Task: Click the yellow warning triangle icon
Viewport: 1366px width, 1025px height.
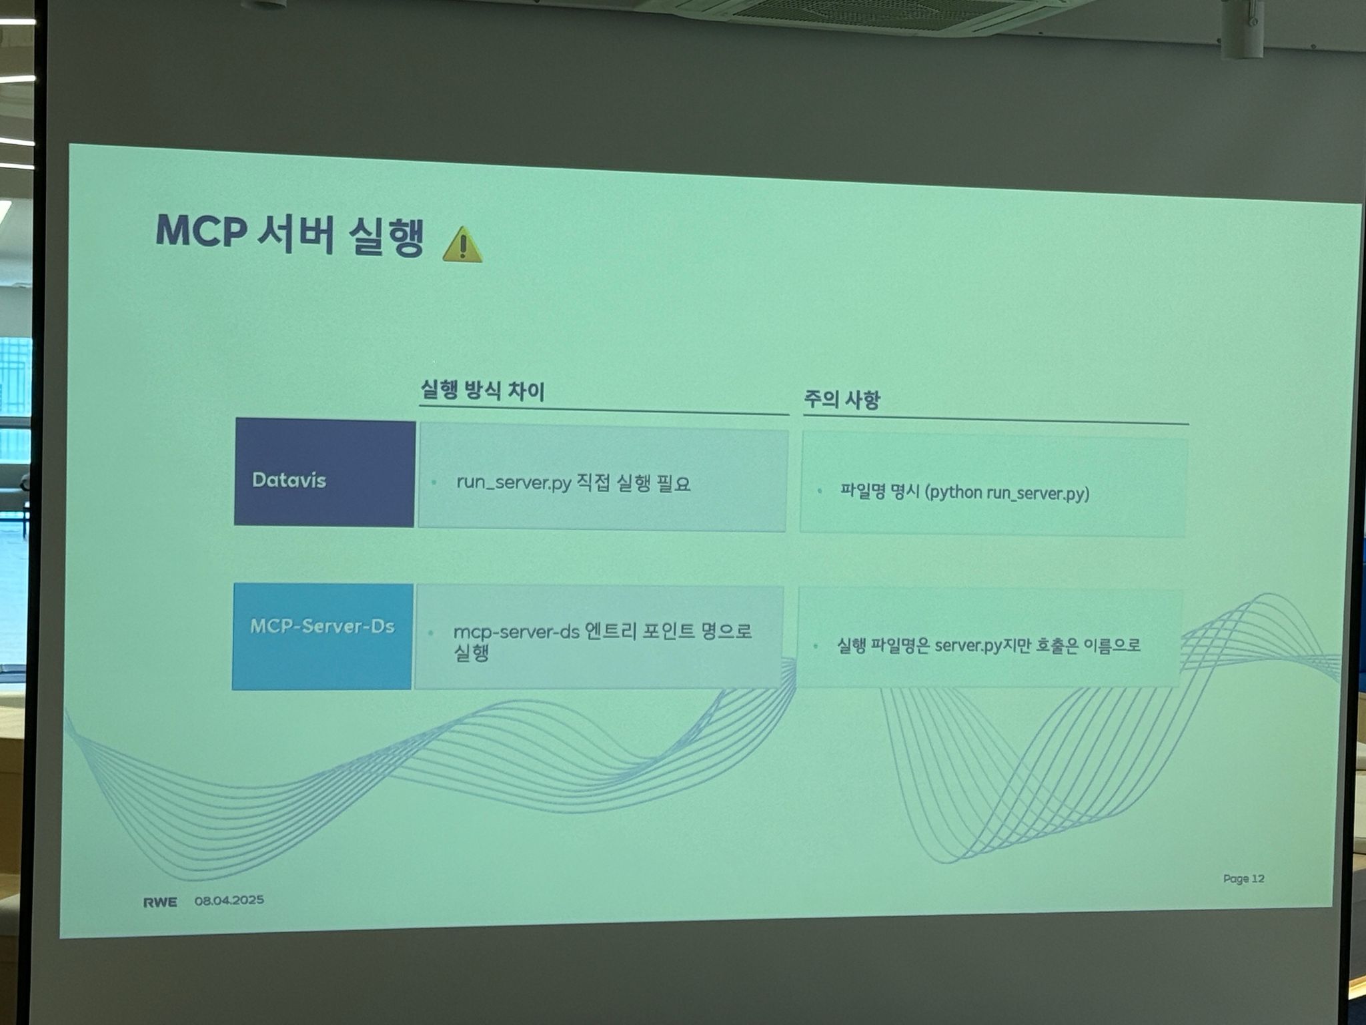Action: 462,245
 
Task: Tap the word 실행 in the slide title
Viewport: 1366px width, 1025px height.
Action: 386,237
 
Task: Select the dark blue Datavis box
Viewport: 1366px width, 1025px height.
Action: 324,472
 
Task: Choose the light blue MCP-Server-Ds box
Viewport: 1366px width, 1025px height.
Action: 322,636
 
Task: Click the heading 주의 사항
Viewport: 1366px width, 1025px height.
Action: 842,400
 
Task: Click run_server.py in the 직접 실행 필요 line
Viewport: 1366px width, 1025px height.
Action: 514,482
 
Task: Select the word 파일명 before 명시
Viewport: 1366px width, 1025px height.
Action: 862,492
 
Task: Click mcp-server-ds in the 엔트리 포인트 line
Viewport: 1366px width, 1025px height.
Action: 516,632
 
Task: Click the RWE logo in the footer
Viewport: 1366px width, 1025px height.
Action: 160,902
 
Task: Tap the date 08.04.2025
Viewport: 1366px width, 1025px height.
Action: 229,900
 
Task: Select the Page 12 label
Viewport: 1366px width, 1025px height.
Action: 1243,878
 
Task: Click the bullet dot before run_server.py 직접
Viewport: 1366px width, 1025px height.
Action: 434,482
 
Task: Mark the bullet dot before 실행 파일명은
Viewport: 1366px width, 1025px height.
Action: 815,646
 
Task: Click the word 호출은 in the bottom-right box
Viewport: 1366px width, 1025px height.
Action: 1057,646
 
